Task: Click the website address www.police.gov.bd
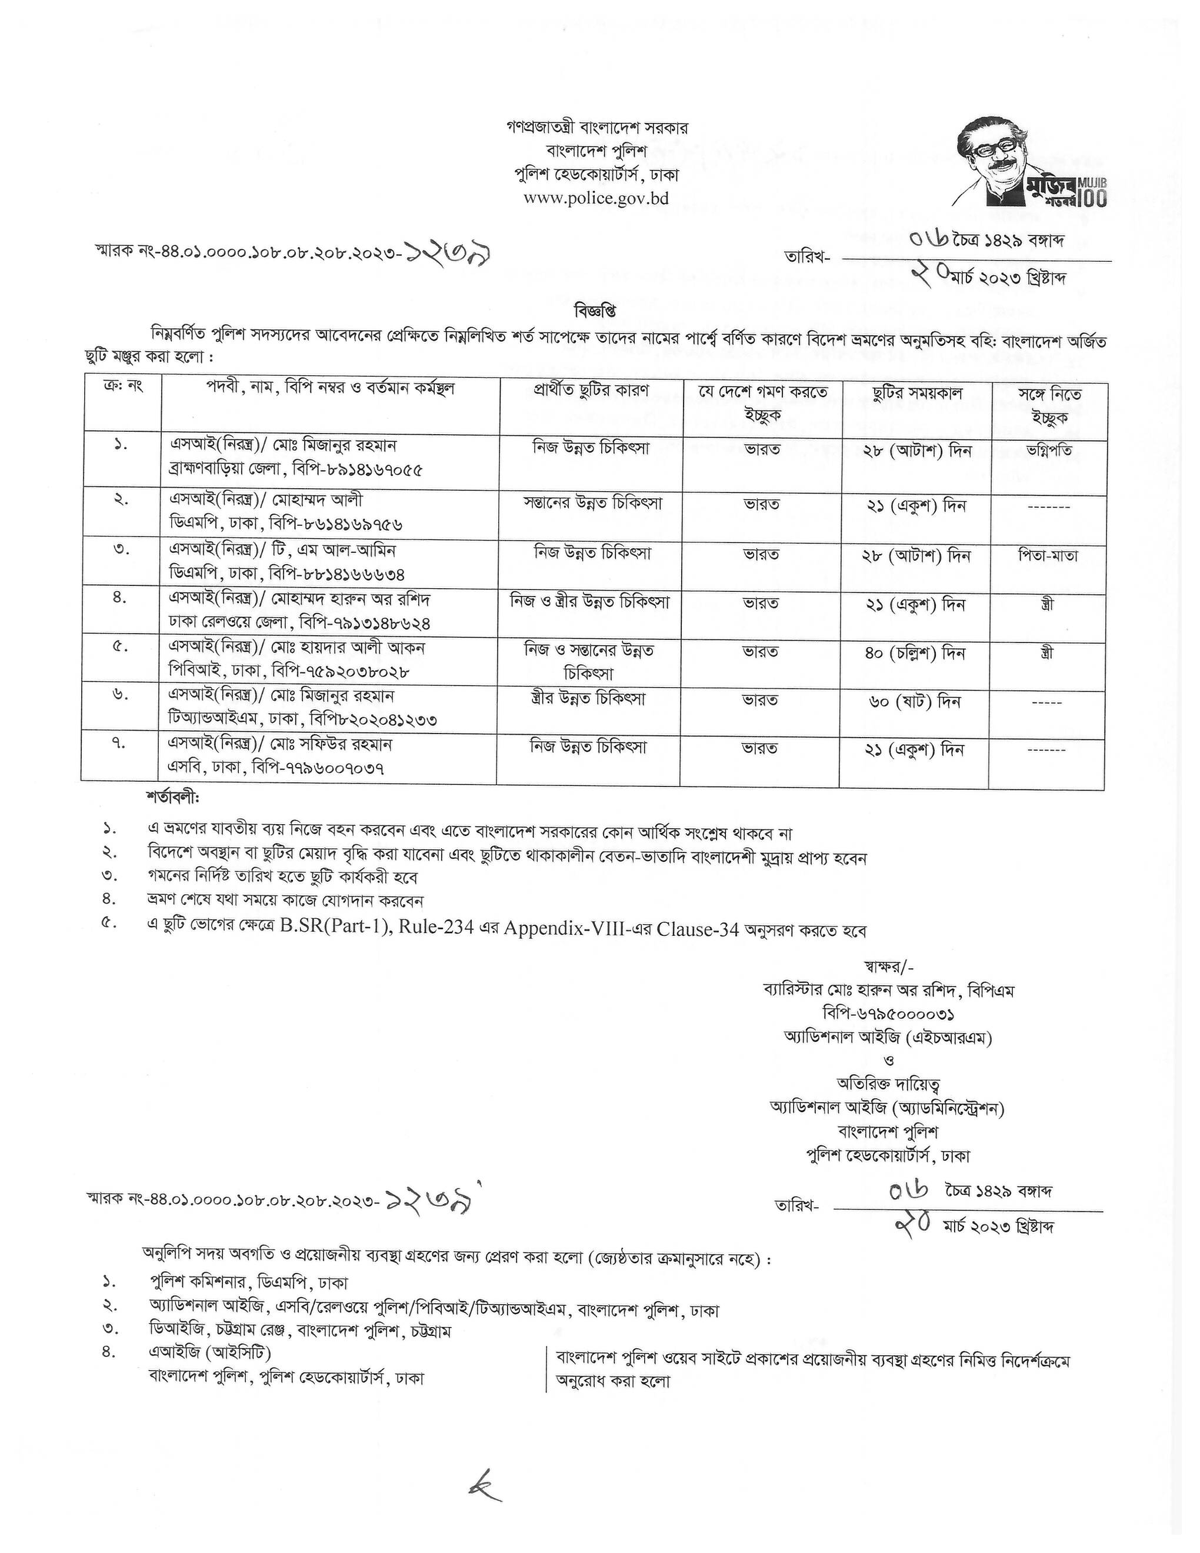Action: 596,198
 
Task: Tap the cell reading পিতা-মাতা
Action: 1047,555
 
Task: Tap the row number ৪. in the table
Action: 120,598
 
